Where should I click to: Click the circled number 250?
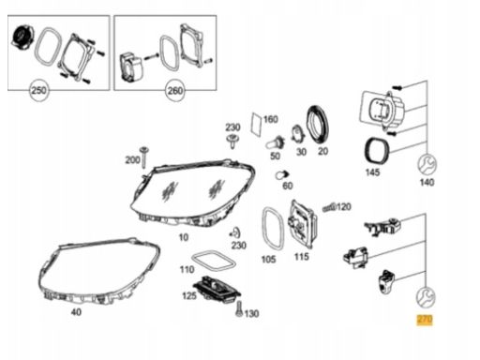(x=38, y=91)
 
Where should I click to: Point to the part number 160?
(x=270, y=120)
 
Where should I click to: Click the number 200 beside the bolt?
(x=132, y=161)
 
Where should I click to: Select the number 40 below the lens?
(x=76, y=311)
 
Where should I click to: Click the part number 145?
(x=372, y=174)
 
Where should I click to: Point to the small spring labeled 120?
(x=327, y=206)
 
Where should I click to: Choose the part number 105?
(x=268, y=259)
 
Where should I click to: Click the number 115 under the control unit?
(x=301, y=257)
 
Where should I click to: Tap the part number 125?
(x=189, y=296)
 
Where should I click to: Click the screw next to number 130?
(x=239, y=309)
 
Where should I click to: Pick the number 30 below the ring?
(x=301, y=152)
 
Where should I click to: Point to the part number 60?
(x=288, y=186)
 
